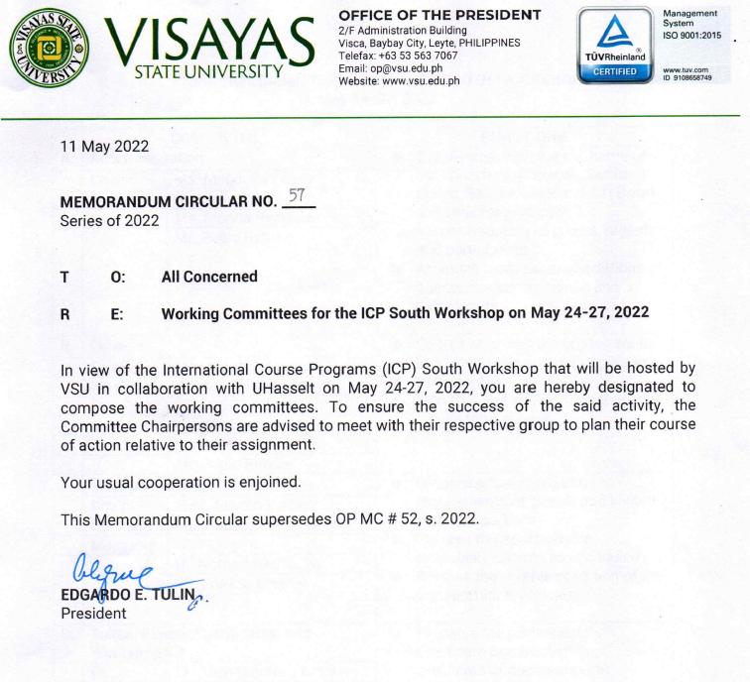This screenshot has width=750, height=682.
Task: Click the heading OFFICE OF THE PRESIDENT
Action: pyautogui.click(x=439, y=15)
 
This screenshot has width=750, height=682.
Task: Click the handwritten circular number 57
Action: pyautogui.click(x=296, y=196)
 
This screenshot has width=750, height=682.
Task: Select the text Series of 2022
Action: pyautogui.click(x=109, y=220)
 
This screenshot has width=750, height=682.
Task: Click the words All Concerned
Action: pyautogui.click(x=209, y=277)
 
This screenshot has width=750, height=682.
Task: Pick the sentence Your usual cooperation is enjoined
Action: pyautogui.click(x=181, y=483)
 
